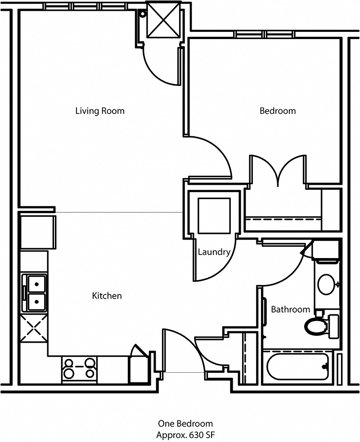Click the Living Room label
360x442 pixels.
point(99,111)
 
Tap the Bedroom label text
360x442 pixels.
point(278,111)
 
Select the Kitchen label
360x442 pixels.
point(107,296)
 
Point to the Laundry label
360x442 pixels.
point(214,252)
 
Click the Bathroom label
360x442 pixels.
point(290,309)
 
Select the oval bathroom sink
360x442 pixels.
point(326,284)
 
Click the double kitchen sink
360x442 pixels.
point(36,293)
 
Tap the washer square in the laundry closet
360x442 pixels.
point(215,215)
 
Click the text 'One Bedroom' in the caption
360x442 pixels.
point(185,424)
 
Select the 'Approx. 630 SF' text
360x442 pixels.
point(185,435)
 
